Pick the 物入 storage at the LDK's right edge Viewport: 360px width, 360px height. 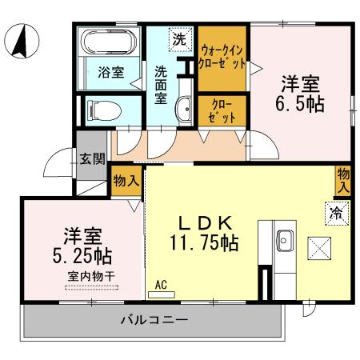tap(342, 179)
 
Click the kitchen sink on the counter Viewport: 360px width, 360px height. tap(286, 238)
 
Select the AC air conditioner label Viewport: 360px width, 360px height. tap(160, 284)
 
